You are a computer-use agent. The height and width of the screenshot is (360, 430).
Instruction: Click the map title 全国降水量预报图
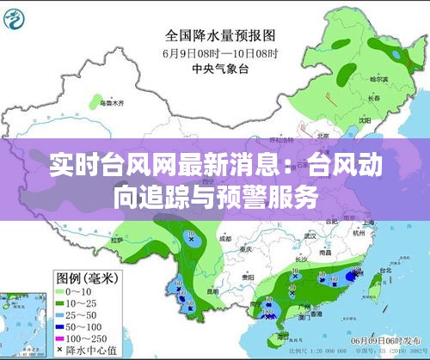[220, 37]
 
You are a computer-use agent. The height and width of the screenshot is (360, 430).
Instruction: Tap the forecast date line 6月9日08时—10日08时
[220, 53]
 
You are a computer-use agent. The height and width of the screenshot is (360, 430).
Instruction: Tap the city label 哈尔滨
[378, 79]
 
